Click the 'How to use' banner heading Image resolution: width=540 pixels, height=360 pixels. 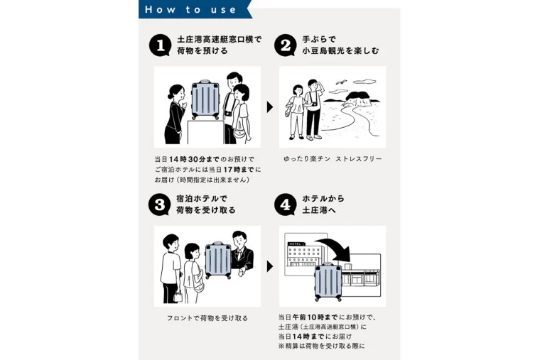[190, 9]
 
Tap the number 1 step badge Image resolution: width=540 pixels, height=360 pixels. [160, 45]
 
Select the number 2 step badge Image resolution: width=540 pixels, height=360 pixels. [286, 45]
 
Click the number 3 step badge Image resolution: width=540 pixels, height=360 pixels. [159, 204]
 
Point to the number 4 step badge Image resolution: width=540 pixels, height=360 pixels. [286, 204]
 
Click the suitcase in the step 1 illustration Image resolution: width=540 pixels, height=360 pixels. [205, 100]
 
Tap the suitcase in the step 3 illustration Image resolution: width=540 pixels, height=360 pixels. [218, 260]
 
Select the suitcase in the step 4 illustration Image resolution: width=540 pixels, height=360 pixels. [328, 281]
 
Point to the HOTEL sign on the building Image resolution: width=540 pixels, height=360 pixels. [295, 244]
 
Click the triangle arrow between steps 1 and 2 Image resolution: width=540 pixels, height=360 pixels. [270, 107]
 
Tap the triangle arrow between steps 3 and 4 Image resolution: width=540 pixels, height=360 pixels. [270, 266]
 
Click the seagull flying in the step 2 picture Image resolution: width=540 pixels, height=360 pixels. [341, 82]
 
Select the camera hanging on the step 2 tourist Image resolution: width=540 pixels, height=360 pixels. [314, 104]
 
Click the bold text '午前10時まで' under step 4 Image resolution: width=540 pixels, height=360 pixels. [315, 317]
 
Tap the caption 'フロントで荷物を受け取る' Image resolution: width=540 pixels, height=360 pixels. [207, 318]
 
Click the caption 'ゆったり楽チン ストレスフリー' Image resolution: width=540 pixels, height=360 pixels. [333, 159]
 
